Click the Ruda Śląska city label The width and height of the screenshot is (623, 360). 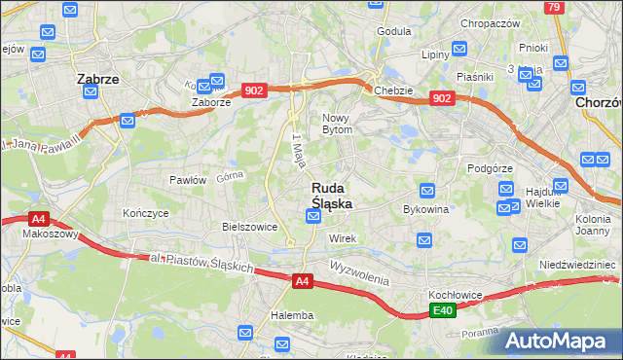[331, 196]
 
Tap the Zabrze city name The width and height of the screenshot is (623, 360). [97, 80]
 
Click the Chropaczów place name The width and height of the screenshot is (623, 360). [491, 23]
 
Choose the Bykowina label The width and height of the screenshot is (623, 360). [425, 208]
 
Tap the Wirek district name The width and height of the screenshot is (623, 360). [343, 238]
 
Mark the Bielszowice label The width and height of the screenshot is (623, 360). [250, 227]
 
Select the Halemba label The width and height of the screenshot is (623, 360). [292, 315]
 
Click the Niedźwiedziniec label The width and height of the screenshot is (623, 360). [578, 264]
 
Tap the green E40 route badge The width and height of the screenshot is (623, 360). [443, 310]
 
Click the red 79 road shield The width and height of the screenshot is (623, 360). [554, 8]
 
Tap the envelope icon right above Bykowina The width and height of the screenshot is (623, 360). [426, 191]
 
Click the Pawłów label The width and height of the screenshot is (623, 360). [188, 180]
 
